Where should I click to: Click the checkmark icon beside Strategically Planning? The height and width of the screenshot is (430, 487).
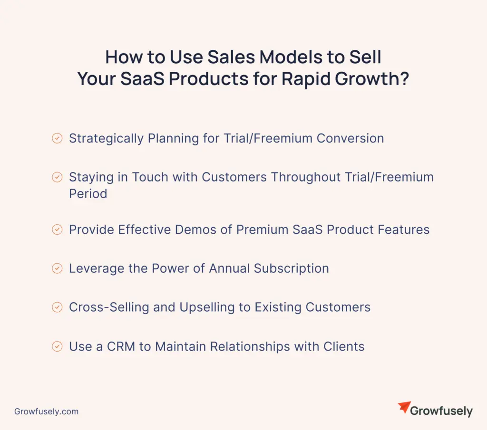point(57,138)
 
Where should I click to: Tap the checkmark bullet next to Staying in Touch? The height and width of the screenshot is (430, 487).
point(57,177)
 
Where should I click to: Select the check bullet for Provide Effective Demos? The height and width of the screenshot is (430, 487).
point(57,229)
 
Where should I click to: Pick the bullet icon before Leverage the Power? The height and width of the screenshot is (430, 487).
point(57,268)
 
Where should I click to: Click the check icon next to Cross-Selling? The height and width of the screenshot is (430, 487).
point(57,307)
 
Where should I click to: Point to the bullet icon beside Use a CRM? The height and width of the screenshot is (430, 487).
point(57,346)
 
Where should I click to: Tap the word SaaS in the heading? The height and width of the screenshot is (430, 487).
point(142,79)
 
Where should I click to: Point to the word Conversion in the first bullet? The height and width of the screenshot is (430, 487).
point(351,138)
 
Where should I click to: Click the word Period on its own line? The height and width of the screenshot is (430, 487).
point(88,193)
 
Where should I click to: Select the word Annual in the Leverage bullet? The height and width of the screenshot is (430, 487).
point(229,268)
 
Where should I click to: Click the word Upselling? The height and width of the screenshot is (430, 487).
point(207,307)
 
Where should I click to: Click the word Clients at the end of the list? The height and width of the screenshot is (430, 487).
point(344,346)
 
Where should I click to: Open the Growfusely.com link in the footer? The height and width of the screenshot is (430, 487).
point(46,411)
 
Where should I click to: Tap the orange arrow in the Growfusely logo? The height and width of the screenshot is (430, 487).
point(405,407)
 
